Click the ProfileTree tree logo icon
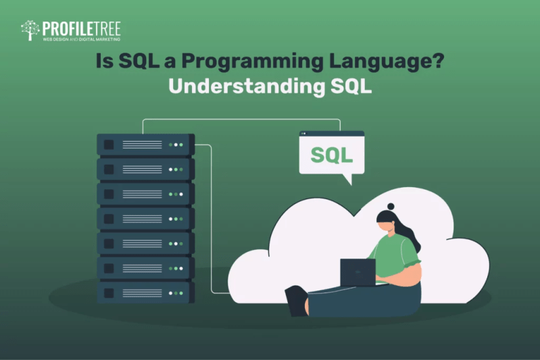30,30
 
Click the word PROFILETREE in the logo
81,28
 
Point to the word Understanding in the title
235,88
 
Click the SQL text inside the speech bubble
331,155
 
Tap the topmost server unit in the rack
145,145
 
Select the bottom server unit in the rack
145,292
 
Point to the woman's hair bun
391,205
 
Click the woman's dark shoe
296,300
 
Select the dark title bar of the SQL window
331,134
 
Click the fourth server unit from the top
145,218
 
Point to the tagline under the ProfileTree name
81,39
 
